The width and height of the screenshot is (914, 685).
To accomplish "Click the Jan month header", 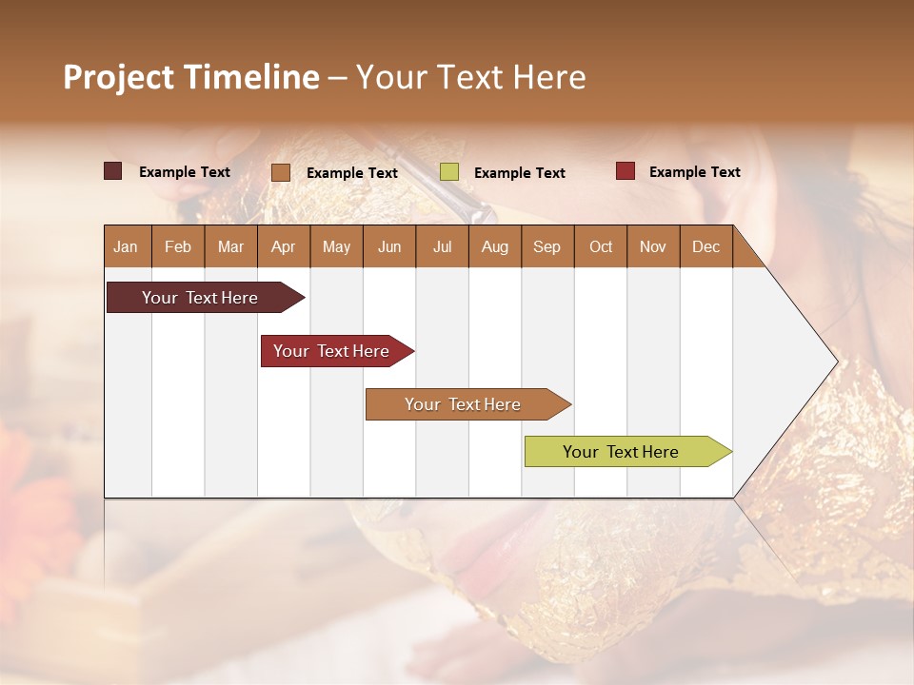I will point(126,247).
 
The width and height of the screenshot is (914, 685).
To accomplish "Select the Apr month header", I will point(283,247).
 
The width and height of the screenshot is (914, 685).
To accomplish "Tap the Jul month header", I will point(442,247).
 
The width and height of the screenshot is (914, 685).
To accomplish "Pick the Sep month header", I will point(546,247).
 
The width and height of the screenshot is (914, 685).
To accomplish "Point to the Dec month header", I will point(705,247).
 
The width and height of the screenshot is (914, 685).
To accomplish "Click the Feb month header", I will point(178,247).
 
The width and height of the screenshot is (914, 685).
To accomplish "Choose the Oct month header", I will point(601,247).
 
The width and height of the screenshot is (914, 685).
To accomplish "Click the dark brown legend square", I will point(112,171).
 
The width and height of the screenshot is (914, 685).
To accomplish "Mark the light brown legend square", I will point(281,172).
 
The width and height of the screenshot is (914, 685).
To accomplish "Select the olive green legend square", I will point(449,172).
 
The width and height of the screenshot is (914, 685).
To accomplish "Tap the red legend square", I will point(626,171).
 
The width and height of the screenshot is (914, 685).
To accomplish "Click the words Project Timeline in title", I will point(190,77).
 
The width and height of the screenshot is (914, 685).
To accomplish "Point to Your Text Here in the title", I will point(470,77).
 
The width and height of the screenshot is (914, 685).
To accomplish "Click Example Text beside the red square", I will point(694,172).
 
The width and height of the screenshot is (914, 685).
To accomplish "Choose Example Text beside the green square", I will point(519,173).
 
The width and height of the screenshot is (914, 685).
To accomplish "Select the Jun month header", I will point(389,247).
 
